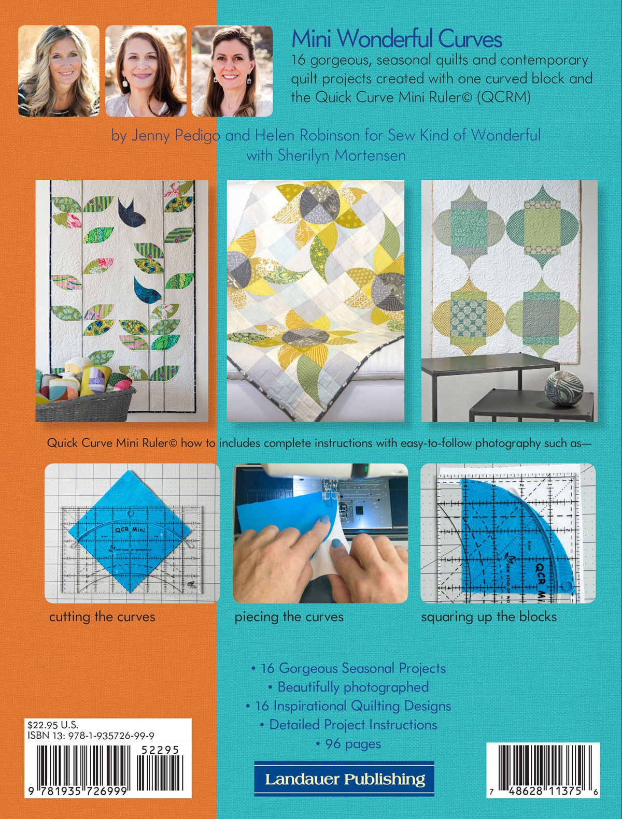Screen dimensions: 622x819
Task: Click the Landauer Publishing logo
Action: tap(344, 779)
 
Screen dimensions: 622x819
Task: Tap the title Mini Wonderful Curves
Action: tap(397, 39)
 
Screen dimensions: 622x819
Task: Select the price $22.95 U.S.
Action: tap(53, 725)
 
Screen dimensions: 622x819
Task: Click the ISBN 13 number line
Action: tap(91, 736)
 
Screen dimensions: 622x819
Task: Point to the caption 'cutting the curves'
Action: tap(102, 617)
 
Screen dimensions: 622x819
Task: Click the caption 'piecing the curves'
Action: tap(289, 617)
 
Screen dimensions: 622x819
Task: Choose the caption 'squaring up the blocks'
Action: tap(489, 617)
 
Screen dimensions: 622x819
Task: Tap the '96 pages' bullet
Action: tap(348, 744)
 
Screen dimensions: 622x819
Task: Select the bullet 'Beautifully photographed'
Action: tap(348, 687)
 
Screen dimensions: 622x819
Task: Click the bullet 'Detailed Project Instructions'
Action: tap(348, 725)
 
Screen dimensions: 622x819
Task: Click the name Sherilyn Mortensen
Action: tap(341, 155)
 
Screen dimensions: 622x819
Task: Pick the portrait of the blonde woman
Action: tap(59, 71)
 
